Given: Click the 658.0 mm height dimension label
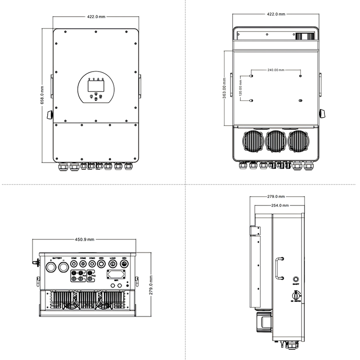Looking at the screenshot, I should (42, 95).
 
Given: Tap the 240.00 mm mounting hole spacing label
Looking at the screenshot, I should (276, 70).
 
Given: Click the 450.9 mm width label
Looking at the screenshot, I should (85, 240).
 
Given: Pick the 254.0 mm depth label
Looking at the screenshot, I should (275, 205).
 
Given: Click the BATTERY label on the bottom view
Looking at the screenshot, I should (57, 258).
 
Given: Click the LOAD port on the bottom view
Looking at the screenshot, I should (112, 264).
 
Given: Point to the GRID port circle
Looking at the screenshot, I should (102, 264).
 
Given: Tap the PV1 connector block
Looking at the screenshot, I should (80, 276).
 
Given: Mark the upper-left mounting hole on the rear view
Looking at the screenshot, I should (252, 76).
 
